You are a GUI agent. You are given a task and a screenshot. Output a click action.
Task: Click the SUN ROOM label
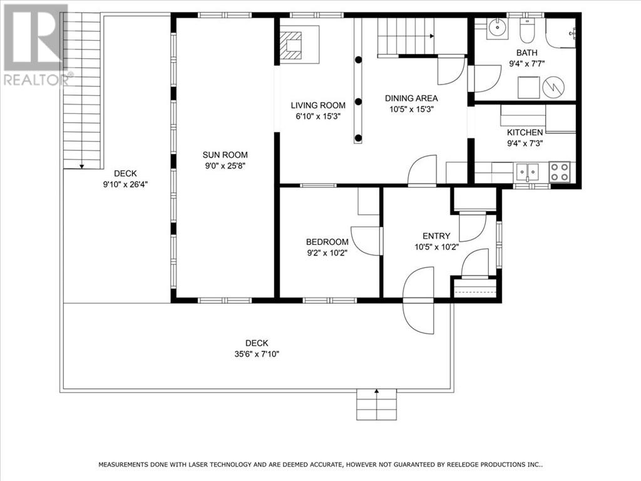[x=225, y=155]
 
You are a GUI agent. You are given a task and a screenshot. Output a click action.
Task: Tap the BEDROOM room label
[x=327, y=242]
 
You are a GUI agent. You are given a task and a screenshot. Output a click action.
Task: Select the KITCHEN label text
[x=525, y=133]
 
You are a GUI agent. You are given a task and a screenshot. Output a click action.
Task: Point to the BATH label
[x=526, y=53]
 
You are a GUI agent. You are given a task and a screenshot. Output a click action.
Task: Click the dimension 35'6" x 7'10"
[x=257, y=354]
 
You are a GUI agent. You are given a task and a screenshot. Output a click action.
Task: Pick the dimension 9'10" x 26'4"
[x=125, y=185]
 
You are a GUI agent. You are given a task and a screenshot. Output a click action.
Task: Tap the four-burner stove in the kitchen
[x=559, y=172]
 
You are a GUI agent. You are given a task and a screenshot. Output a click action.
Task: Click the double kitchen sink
[x=527, y=172]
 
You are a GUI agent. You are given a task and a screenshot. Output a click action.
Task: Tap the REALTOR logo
[x=36, y=44]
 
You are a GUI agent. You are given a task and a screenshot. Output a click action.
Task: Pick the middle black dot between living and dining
[x=358, y=101]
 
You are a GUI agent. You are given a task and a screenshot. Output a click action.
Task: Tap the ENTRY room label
[x=436, y=236]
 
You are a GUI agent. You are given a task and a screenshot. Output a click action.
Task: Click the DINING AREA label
[x=411, y=98]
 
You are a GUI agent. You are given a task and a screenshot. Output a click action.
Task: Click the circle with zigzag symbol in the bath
[x=553, y=86]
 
